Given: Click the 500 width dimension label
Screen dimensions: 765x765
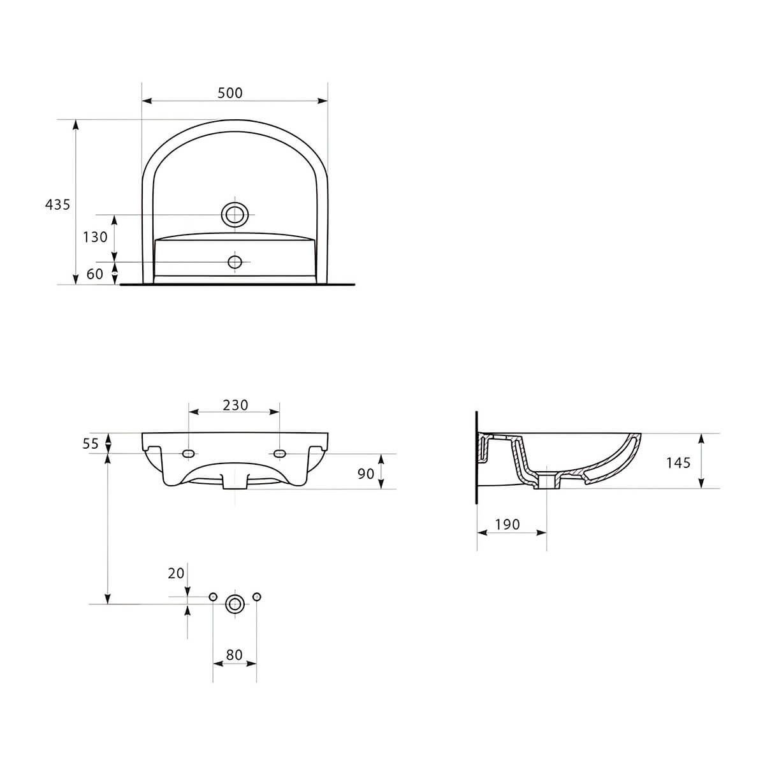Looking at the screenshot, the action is (x=230, y=93).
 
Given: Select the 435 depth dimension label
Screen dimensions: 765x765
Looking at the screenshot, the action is (x=57, y=205).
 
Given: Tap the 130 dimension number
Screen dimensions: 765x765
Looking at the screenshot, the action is (x=95, y=237).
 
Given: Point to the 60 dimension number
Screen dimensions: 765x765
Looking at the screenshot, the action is (x=95, y=274).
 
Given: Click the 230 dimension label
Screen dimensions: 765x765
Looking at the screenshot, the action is (x=235, y=405).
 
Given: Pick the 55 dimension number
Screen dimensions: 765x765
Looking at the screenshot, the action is (x=91, y=444).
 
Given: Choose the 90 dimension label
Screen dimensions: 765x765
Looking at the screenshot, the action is (x=366, y=474).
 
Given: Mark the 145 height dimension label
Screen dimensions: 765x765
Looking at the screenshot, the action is (x=678, y=463).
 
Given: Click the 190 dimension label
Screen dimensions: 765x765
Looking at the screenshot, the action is (x=507, y=525).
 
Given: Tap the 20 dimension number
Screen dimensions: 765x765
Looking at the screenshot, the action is (x=176, y=573).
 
